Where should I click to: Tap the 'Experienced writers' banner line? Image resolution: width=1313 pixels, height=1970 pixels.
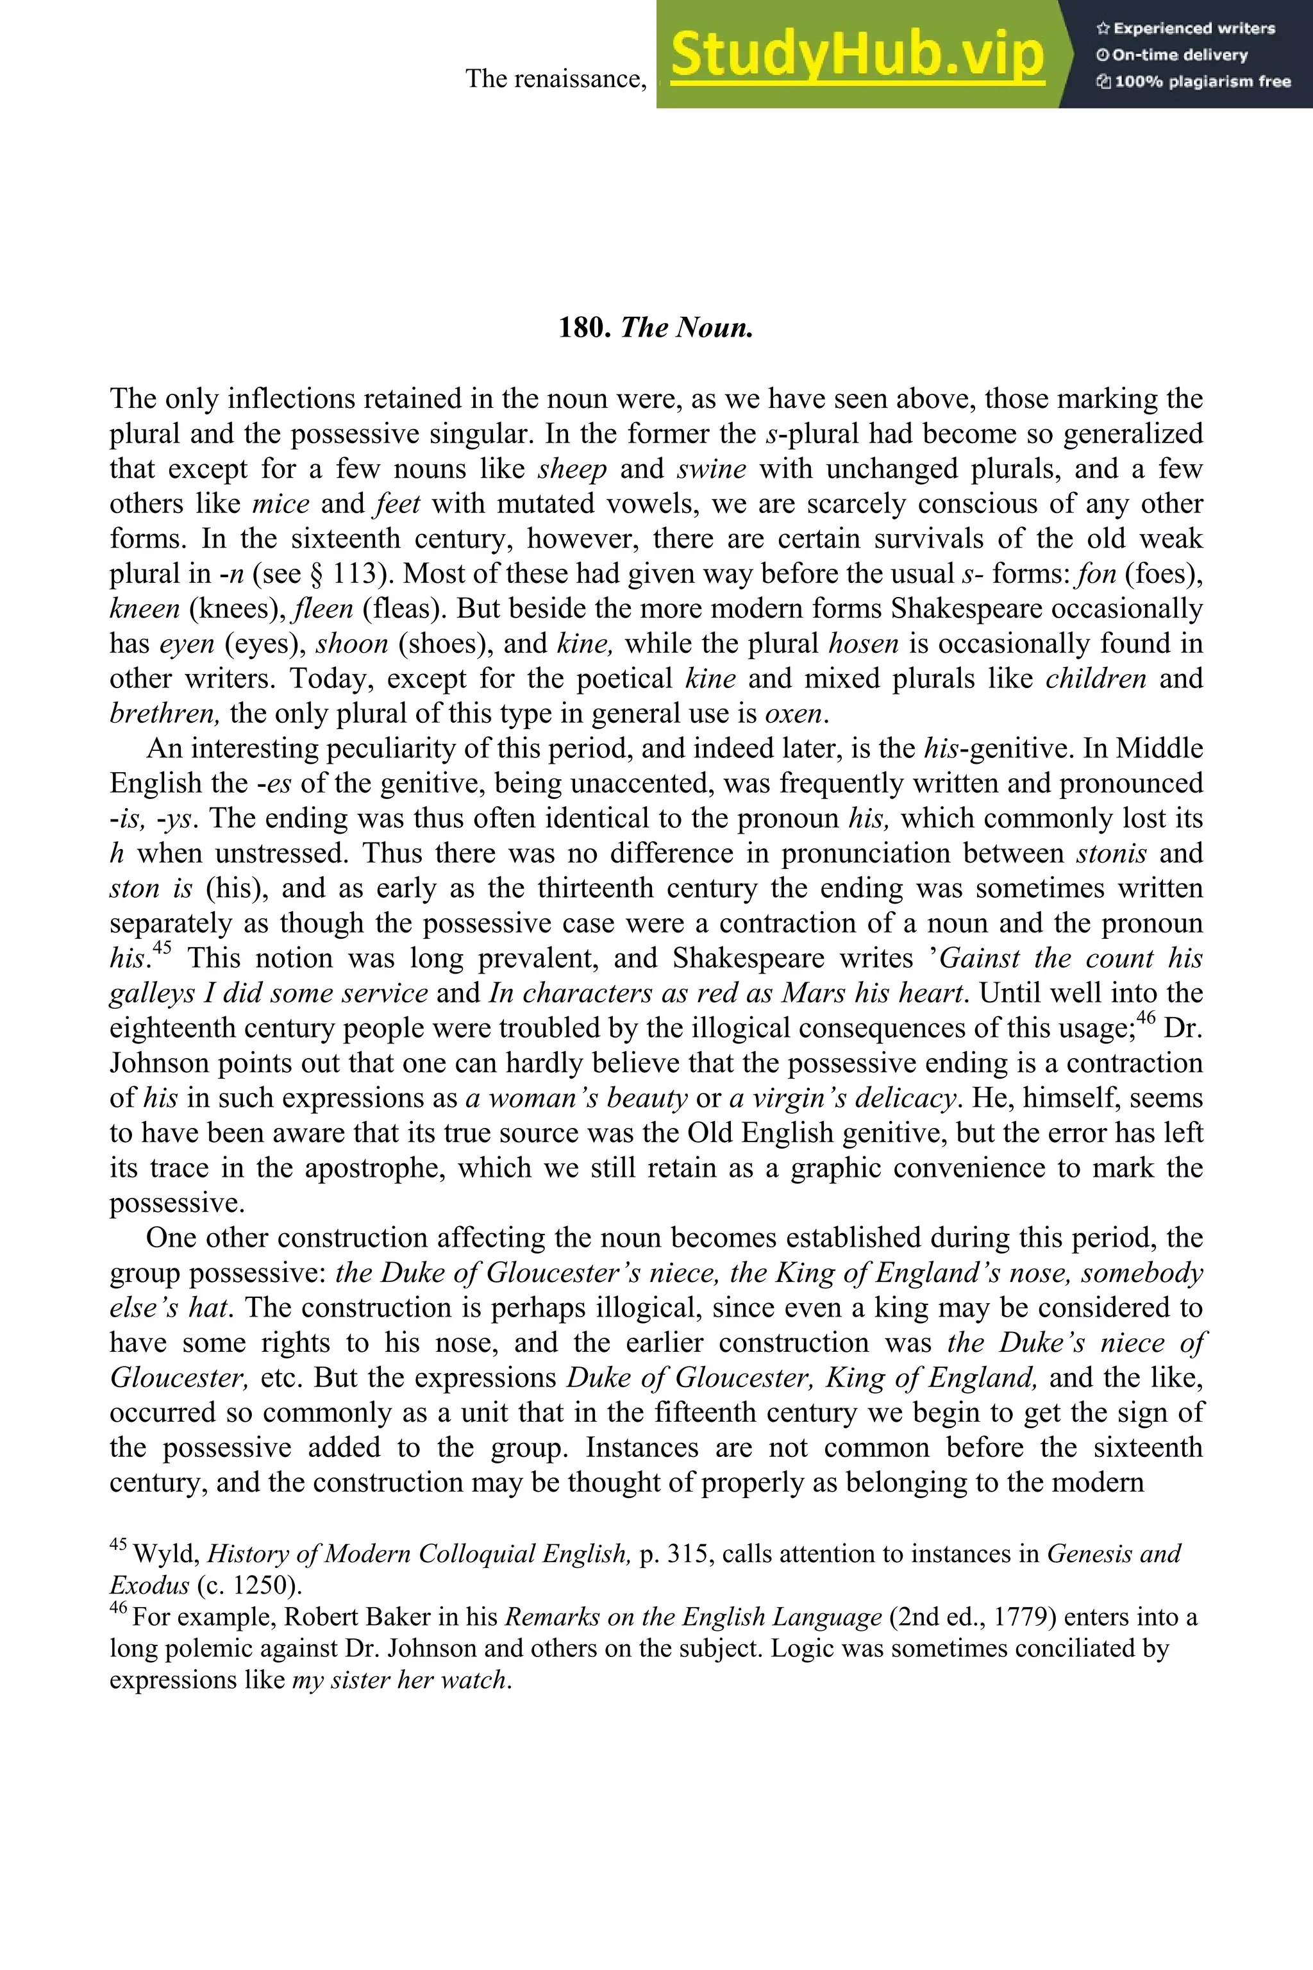point(1185,28)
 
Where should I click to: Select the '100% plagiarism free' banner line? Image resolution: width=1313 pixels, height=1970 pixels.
point(1193,82)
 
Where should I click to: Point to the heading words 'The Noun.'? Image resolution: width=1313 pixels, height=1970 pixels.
point(687,328)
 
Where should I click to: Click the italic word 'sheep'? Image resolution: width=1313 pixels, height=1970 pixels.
point(572,469)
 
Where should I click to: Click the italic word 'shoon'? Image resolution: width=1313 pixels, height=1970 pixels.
point(352,644)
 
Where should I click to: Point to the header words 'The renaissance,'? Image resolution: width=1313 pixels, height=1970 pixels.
point(556,79)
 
